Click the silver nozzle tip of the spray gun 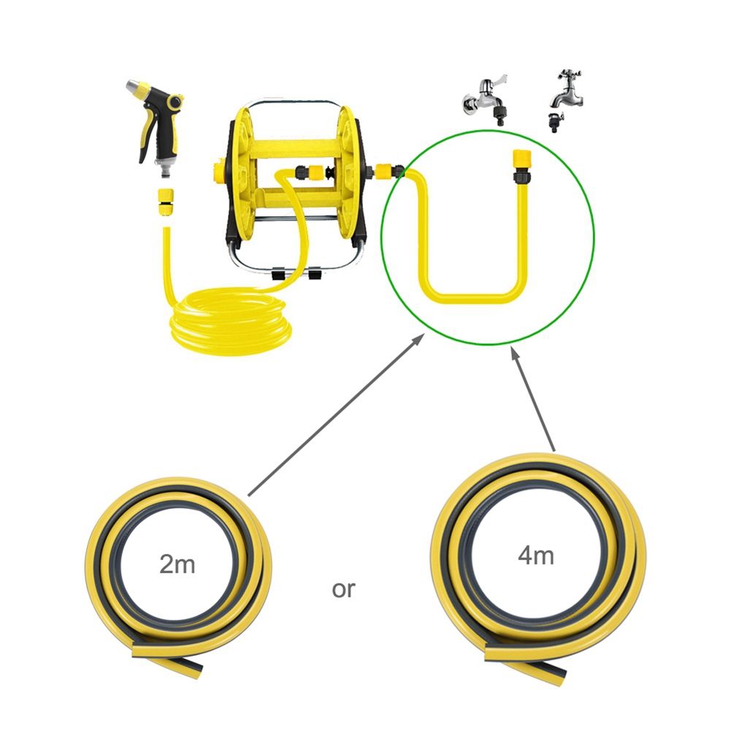(x=134, y=87)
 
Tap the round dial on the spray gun (x=175, y=101)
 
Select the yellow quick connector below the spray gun (x=165, y=202)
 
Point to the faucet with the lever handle (x=486, y=100)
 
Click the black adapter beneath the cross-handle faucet (x=556, y=122)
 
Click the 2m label (x=177, y=564)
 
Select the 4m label (x=536, y=555)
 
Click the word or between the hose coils (x=343, y=590)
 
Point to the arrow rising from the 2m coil (x=336, y=414)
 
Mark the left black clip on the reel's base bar (x=278, y=274)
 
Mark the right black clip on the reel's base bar (x=314, y=273)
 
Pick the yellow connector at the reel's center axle (x=316, y=172)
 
